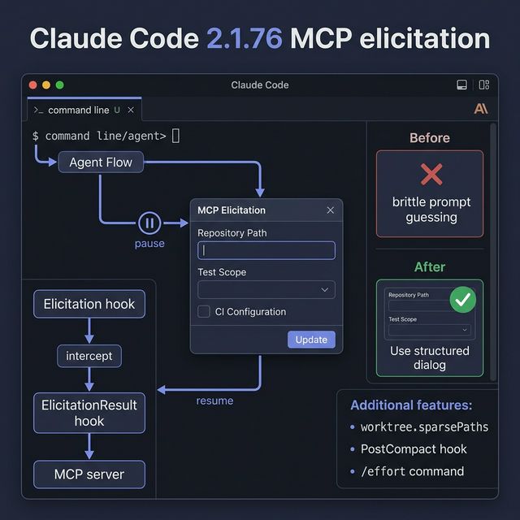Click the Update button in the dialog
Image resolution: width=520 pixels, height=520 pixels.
pyautogui.click(x=311, y=340)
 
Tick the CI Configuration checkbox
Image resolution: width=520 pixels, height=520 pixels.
pyautogui.click(x=204, y=311)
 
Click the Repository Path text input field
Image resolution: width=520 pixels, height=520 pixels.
pyautogui.click(x=266, y=250)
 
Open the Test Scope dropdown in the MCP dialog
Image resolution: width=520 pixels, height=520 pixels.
pyautogui.click(x=266, y=289)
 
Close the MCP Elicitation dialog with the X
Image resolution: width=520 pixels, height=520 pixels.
pyautogui.click(x=330, y=210)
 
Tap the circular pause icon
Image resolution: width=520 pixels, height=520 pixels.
pyautogui.click(x=149, y=223)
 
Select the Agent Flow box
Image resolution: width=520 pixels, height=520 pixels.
pyautogui.click(x=101, y=162)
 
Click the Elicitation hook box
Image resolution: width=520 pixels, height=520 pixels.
pyautogui.click(x=89, y=305)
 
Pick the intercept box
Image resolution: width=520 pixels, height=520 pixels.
pyautogui.click(x=89, y=356)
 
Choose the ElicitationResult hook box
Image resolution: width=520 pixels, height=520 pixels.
pyautogui.click(x=89, y=413)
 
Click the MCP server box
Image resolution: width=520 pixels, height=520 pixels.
pyautogui.click(x=89, y=474)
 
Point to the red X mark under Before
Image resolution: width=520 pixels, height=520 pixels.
pyautogui.click(x=431, y=174)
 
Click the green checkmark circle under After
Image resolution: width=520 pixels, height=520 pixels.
pyautogui.click(x=463, y=300)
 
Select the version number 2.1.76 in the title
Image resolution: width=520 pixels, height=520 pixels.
pyautogui.click(x=245, y=38)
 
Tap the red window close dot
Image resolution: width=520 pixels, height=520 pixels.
pyautogui.click(x=33, y=85)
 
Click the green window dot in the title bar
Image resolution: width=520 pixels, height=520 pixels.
pyautogui.click(x=59, y=85)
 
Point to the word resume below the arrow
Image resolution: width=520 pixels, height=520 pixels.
pyautogui.click(x=214, y=401)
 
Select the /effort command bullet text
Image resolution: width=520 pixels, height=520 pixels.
pyautogui.click(x=413, y=471)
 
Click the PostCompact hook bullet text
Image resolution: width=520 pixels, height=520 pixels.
pyautogui.click(x=414, y=449)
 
